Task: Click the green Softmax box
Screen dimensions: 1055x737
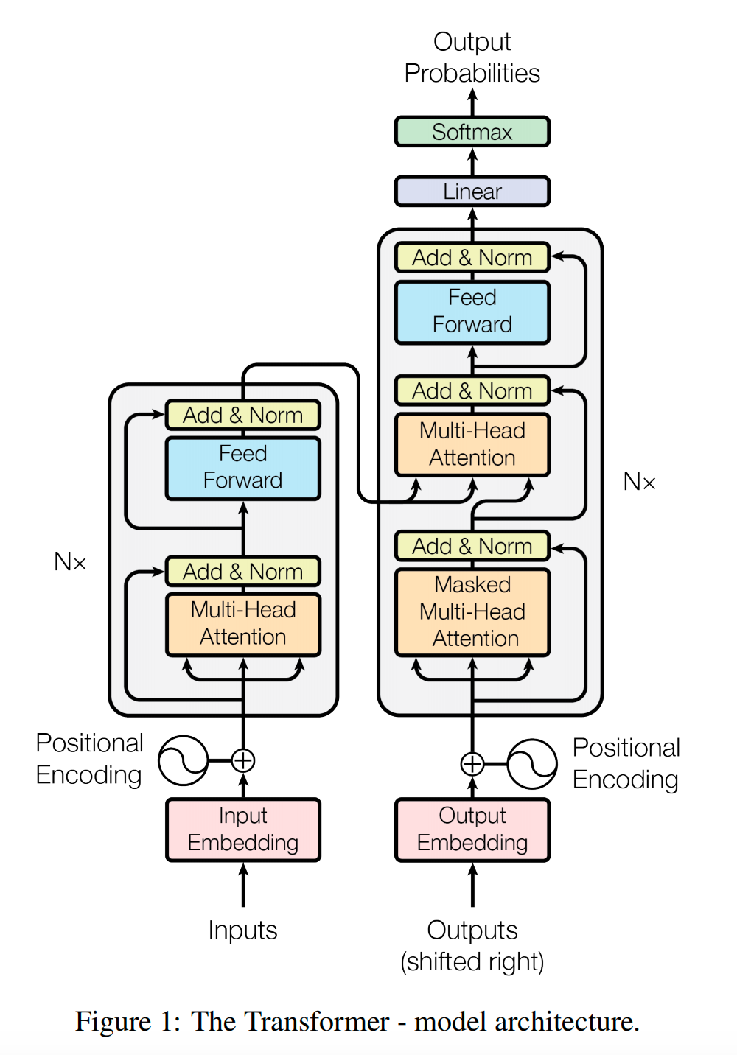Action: (x=472, y=132)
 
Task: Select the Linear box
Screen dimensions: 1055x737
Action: (x=472, y=192)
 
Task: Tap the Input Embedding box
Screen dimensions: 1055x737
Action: (x=243, y=830)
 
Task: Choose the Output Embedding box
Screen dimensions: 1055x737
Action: (x=472, y=830)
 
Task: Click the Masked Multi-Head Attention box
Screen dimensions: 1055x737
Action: (x=472, y=611)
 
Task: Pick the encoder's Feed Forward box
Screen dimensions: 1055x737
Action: (x=243, y=467)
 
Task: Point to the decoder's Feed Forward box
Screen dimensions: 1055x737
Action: (x=472, y=311)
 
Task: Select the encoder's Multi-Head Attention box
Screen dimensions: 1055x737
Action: (x=243, y=623)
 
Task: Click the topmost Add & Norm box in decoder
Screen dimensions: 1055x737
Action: (x=472, y=258)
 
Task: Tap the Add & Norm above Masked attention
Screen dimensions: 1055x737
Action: (x=472, y=547)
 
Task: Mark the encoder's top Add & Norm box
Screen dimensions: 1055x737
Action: (x=243, y=416)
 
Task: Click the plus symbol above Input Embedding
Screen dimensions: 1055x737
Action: (x=243, y=760)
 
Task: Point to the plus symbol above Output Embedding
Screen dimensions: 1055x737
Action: (x=472, y=764)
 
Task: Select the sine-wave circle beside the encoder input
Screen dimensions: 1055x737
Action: (x=184, y=760)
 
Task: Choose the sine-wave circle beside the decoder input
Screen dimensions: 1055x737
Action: (x=532, y=764)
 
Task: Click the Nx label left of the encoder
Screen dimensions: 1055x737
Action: (x=70, y=562)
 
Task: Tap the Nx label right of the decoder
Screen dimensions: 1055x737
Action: (x=639, y=482)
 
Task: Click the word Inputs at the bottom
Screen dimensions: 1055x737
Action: (x=243, y=930)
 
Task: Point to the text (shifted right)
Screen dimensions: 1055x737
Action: (x=472, y=962)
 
